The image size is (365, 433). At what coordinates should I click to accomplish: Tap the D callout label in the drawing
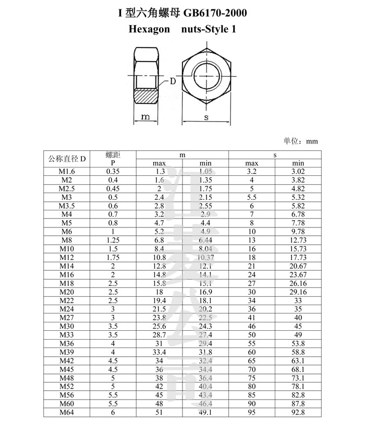(x=172, y=81)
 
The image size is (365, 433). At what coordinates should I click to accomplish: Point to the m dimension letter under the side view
(x=146, y=118)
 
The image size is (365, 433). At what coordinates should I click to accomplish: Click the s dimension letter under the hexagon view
(x=206, y=118)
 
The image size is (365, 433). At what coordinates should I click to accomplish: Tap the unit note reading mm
(x=312, y=141)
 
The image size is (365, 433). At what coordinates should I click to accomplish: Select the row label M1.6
(x=67, y=172)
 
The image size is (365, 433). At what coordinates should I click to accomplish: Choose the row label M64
(x=67, y=413)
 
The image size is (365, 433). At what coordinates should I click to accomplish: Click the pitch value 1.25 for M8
(x=113, y=240)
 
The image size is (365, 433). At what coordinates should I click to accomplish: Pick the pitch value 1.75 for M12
(x=113, y=257)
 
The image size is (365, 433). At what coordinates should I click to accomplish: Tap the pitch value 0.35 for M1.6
(x=113, y=172)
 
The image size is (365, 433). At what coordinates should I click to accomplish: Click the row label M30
(x=67, y=327)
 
